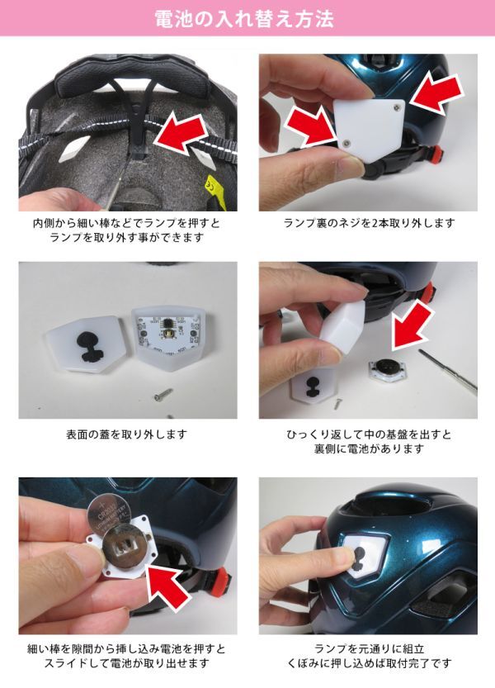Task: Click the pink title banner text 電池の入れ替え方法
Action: pos(244,19)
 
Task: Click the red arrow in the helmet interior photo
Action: pos(181,132)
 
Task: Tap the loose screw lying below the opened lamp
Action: pos(163,395)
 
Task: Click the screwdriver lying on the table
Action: pos(447,369)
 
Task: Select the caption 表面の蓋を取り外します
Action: pos(127,434)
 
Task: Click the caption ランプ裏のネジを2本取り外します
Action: pos(369,223)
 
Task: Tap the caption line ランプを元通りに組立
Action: pos(369,648)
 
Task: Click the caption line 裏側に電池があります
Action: pos(369,448)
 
